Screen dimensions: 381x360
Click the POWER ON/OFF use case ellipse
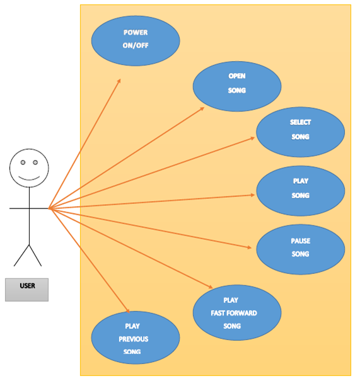(136, 40)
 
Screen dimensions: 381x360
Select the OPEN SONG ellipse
(237, 86)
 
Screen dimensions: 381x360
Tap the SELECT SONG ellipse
(300, 132)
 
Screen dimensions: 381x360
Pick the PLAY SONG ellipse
(300, 190)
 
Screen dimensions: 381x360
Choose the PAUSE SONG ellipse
(300, 249)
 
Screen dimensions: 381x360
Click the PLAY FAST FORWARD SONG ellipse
(237, 312)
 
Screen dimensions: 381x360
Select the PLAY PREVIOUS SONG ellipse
(136, 338)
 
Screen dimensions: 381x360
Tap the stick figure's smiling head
(28, 168)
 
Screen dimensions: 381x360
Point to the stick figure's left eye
(22, 162)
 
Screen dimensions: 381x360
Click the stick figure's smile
(28, 178)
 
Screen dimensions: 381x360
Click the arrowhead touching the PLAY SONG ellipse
(253, 195)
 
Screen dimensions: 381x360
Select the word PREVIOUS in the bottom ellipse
(134, 339)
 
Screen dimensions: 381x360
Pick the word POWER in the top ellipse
(136, 33)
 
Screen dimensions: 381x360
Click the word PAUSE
(300, 241)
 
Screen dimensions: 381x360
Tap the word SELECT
(300, 123)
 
